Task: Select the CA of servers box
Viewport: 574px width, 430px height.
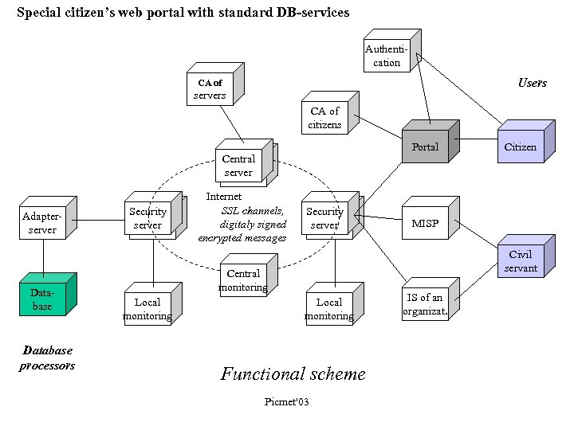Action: [x=210, y=89]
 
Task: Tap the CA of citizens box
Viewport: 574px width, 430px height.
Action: [x=325, y=118]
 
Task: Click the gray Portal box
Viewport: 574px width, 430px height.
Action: [x=425, y=147]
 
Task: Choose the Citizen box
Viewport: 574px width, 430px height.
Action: [x=521, y=147]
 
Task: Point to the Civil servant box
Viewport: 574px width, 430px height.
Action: [x=521, y=261]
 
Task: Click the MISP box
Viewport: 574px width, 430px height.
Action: [x=425, y=223]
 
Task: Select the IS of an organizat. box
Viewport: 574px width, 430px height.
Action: [x=425, y=304]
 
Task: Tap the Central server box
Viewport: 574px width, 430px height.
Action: [x=238, y=166]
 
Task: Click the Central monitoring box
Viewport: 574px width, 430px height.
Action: [x=243, y=280]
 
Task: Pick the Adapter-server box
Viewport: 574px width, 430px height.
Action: [x=42, y=223]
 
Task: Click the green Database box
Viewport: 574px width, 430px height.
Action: [x=42, y=299]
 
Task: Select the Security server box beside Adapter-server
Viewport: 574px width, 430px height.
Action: [x=148, y=218]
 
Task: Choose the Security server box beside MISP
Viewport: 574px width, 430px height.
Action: [x=325, y=218]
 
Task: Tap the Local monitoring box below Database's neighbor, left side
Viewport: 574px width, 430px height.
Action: [x=147, y=309]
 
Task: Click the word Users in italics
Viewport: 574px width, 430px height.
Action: [x=532, y=83]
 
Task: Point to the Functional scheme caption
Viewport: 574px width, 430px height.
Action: [x=293, y=373]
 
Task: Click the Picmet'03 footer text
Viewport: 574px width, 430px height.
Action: [x=286, y=401]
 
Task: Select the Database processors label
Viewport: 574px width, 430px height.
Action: [x=48, y=358]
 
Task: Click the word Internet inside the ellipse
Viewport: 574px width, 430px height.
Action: [x=224, y=196]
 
